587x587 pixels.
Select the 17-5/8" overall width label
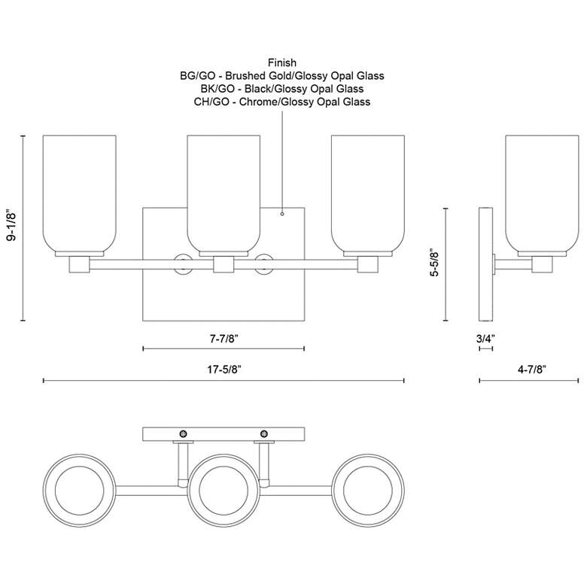(223, 369)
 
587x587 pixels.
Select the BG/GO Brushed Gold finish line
(282, 75)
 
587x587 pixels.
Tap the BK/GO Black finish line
(282, 88)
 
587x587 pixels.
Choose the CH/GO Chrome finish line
(282, 101)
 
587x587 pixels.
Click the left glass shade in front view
(79, 194)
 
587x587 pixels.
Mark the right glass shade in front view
(368, 194)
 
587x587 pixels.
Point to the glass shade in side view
(542, 194)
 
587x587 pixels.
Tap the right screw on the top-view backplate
(264, 433)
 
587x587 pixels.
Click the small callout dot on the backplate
(281, 214)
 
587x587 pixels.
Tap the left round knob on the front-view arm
(182, 263)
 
